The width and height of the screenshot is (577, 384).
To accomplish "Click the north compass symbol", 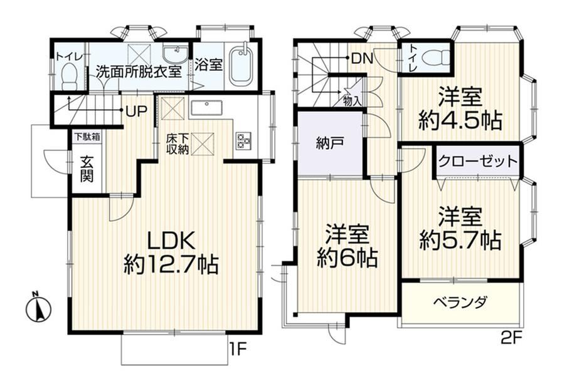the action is click(38, 308).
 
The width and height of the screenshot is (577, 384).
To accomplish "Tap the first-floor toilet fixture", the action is click(69, 76).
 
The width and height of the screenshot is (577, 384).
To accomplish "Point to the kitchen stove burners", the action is click(244, 141).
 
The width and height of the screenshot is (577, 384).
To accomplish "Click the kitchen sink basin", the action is click(206, 108).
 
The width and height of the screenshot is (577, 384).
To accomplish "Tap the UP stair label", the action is click(137, 111).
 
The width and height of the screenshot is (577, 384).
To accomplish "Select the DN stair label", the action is click(363, 58).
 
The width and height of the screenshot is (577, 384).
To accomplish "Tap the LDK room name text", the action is click(171, 241).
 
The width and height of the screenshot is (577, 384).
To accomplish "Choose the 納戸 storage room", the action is click(329, 143).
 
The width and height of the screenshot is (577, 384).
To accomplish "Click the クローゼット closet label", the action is click(478, 162).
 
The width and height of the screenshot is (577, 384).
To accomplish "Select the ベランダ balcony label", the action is click(460, 303).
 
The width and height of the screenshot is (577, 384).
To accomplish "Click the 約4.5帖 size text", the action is click(460, 120).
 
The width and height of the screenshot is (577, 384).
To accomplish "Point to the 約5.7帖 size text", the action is click(460, 240).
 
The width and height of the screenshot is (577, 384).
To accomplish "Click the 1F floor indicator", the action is click(238, 350).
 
